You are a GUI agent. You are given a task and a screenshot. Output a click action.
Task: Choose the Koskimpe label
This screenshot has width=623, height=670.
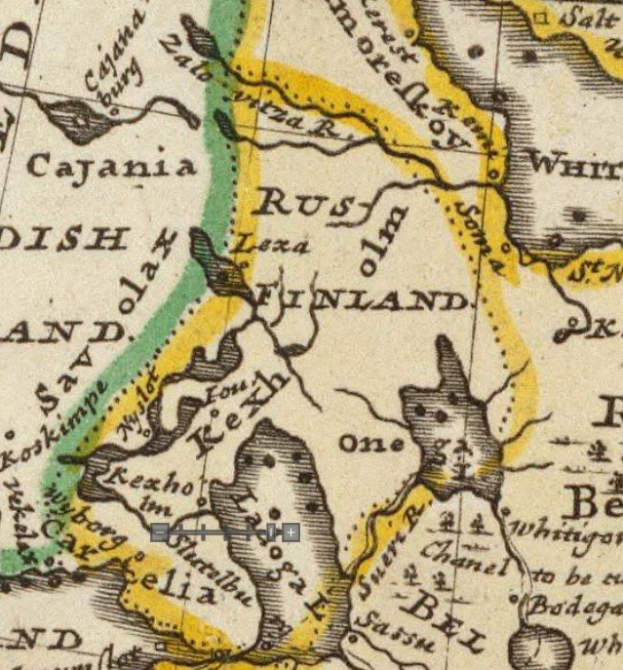[48, 429]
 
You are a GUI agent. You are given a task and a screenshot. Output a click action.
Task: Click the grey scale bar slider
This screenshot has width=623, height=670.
[224, 532]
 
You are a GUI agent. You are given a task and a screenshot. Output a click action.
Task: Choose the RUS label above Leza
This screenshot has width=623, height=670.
[292, 203]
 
